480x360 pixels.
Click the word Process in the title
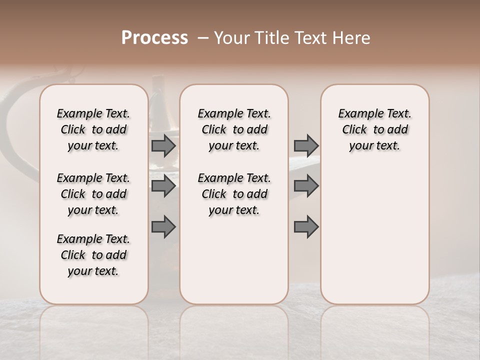coord(154,38)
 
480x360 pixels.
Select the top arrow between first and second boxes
coord(163,146)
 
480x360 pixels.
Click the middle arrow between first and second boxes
coord(163,186)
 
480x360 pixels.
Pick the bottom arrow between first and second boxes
coord(163,227)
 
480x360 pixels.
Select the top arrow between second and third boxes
coord(306,146)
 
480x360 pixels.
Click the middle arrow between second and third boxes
coord(306,186)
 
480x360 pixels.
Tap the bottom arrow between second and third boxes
coord(306,227)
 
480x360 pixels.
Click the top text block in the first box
coord(93,129)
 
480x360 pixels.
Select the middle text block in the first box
coord(93,194)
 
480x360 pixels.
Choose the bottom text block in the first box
coord(93,255)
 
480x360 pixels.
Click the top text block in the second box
coord(234,129)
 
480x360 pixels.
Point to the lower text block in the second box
coord(234,194)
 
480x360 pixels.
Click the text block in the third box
coord(374,129)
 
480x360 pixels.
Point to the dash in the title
coord(202,38)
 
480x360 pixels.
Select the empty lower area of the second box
coord(234,260)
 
